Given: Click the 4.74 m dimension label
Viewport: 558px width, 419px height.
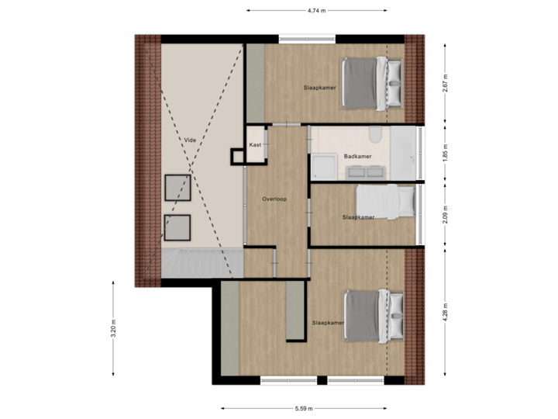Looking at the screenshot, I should point(316,11).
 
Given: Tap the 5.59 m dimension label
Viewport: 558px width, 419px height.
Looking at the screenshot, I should point(304,408).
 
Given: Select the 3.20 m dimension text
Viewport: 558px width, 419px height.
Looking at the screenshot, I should point(114,328).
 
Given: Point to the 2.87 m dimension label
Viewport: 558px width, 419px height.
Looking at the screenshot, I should point(444,83).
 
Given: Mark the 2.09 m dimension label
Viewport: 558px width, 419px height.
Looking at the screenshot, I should point(444,213).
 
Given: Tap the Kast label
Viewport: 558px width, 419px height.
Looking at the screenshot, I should point(254,145).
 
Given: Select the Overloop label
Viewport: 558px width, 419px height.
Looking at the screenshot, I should point(274,199).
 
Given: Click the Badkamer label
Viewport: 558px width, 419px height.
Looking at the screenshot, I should point(359,157).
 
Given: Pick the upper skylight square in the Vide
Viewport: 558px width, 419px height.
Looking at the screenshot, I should point(177,188).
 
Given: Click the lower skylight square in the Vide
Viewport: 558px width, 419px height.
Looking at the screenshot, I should point(177,227).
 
